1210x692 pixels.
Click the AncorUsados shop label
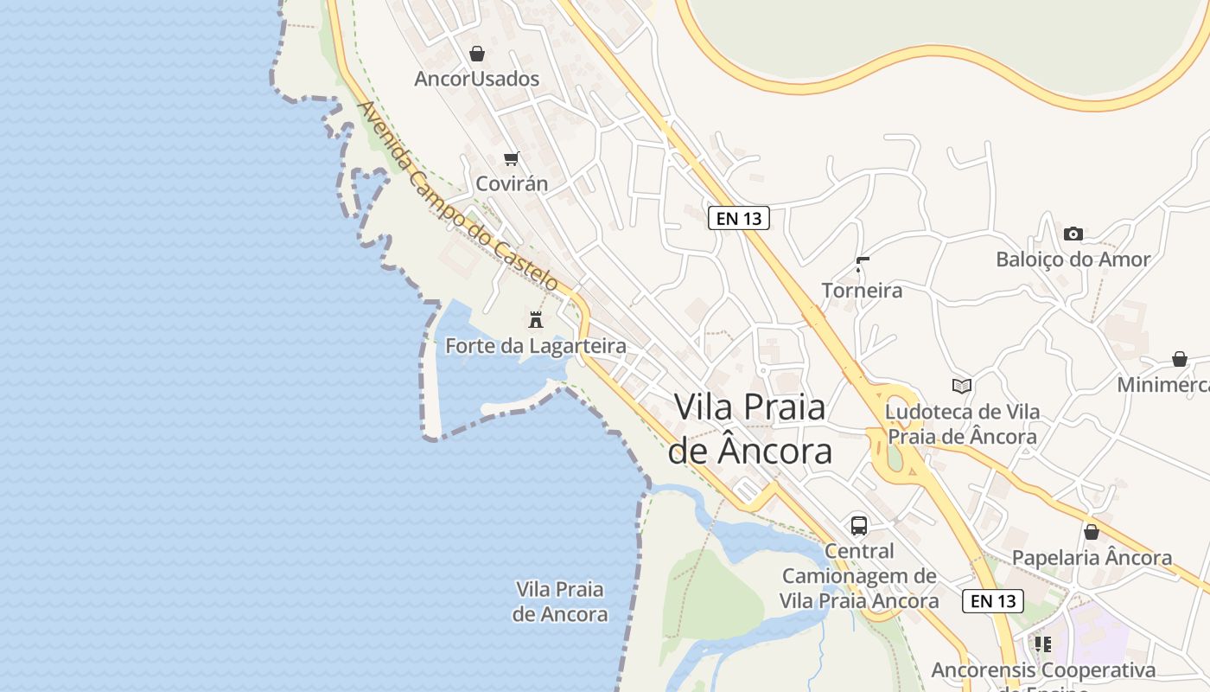[x=476, y=79]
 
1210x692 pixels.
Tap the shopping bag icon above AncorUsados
[x=477, y=54]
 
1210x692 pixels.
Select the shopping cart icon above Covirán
[x=512, y=158]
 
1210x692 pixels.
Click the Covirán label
[x=512, y=183]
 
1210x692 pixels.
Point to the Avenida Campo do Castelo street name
[x=458, y=196]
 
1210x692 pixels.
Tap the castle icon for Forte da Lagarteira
[x=536, y=319]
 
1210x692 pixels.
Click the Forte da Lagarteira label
[x=535, y=346]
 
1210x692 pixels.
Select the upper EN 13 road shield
[x=739, y=218]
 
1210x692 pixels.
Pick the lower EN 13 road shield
[x=993, y=600]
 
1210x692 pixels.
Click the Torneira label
[x=862, y=290]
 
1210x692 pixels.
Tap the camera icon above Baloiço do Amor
[x=1073, y=234]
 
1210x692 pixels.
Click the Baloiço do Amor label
[x=1073, y=259]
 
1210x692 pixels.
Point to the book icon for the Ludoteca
[x=962, y=386]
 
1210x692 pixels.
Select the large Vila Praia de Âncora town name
[x=749, y=429]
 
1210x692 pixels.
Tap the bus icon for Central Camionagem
[x=859, y=525]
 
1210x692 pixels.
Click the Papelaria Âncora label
[x=1092, y=558]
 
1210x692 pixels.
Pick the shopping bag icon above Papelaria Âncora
[x=1092, y=532]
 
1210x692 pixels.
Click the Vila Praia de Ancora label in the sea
[x=560, y=601]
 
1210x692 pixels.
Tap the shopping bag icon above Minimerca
[x=1180, y=359]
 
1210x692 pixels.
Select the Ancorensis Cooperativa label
[x=1043, y=670]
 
